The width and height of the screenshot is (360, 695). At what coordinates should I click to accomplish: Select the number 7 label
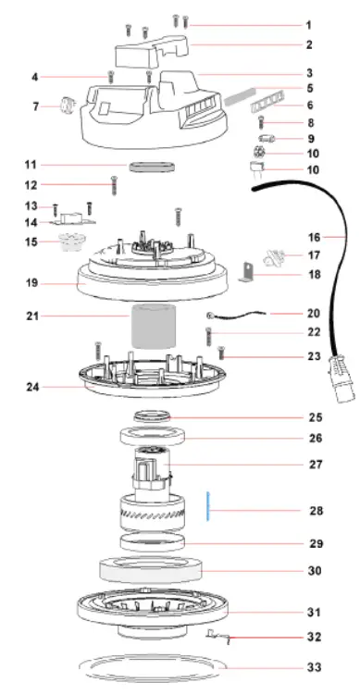click(x=35, y=107)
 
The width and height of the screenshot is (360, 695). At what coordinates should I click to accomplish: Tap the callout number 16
click(x=312, y=237)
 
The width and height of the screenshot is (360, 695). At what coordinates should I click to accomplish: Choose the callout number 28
click(x=315, y=510)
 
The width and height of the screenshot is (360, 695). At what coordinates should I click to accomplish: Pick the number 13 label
click(x=31, y=205)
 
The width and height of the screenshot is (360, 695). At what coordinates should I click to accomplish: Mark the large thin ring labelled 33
click(x=153, y=665)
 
